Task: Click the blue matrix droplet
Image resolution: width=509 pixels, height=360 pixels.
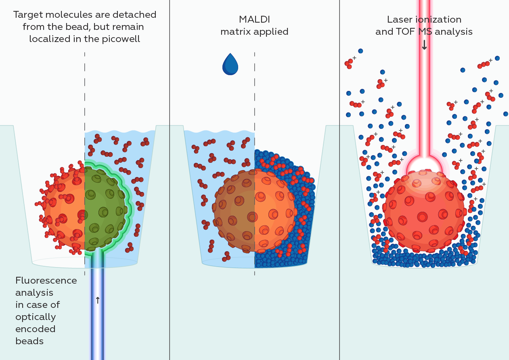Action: pos(230,65)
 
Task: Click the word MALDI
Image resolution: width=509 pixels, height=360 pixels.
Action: pos(254,19)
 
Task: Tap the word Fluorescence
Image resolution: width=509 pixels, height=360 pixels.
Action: pos(46,280)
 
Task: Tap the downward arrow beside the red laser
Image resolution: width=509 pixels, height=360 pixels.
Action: pos(424,46)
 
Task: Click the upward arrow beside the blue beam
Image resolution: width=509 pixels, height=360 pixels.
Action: pos(97,300)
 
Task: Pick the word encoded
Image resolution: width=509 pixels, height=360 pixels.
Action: pos(36,329)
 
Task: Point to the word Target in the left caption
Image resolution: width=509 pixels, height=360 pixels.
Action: pos(29,15)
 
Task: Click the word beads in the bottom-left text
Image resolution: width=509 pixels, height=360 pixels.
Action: pos(29,341)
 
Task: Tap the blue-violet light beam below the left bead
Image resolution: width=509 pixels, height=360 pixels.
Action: pos(97,323)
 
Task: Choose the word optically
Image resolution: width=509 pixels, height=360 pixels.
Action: pos(36,317)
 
